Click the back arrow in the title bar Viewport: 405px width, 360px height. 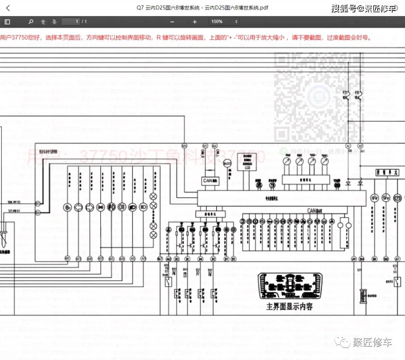[8, 8]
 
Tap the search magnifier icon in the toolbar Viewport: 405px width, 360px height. [31, 22]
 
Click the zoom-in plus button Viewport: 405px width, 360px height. [195, 22]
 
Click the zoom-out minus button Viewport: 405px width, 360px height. [172, 22]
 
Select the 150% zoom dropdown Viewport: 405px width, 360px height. [224, 22]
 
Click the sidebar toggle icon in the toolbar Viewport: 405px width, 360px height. [7, 22]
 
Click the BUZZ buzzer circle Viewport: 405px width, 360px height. [228, 163]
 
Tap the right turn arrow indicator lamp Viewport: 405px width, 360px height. [90, 206]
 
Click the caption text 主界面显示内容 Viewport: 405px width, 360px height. [289, 307]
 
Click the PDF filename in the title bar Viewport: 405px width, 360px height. [202, 8]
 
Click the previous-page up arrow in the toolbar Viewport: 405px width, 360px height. [43, 22]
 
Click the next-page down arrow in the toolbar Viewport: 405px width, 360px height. [54, 22]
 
